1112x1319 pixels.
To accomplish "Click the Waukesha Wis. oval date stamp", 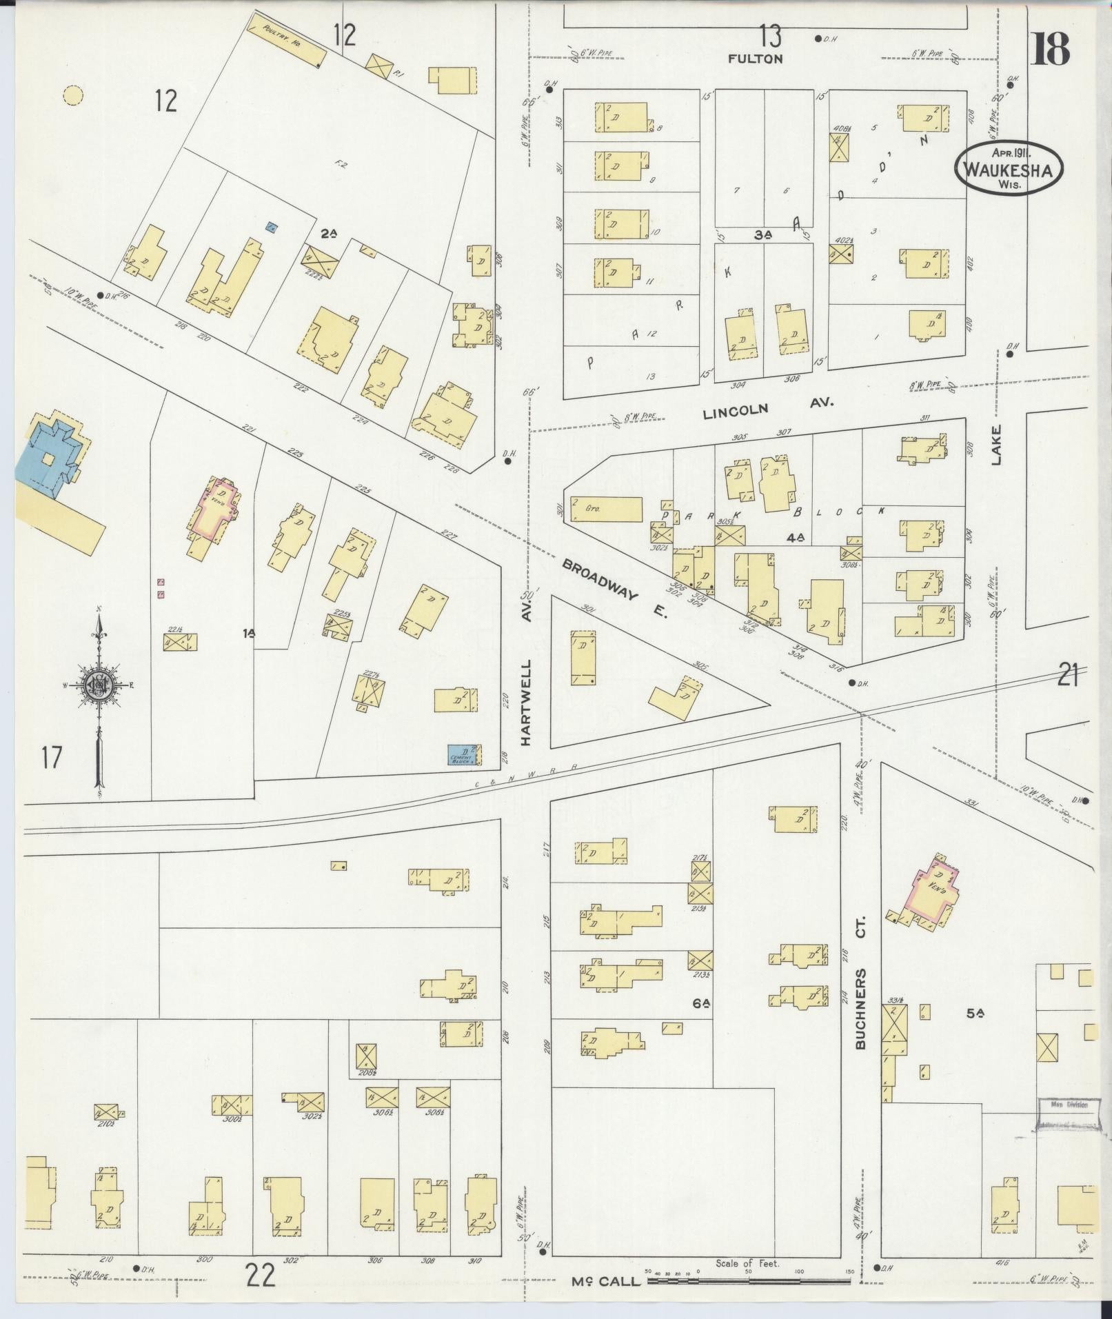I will (x=1009, y=168).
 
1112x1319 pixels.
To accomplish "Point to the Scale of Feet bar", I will (x=747, y=1280).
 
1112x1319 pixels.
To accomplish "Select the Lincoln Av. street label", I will (x=768, y=408).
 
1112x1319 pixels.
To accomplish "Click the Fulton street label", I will (x=756, y=59).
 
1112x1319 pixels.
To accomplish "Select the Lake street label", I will (x=996, y=445).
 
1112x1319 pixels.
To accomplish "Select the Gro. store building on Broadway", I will (x=605, y=509).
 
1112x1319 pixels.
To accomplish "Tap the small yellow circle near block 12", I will (x=72, y=96).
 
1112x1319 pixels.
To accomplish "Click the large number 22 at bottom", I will (x=261, y=1276).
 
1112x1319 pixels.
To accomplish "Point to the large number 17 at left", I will (x=52, y=758).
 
